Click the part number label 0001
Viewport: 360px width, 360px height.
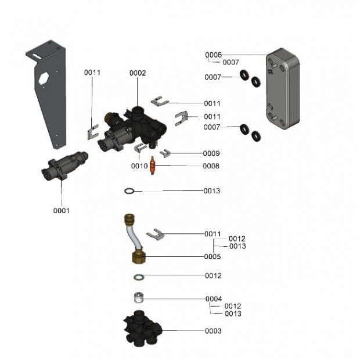pos(61,211)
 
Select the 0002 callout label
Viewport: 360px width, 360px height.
pos(138,73)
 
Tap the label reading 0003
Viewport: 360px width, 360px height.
pos(213,331)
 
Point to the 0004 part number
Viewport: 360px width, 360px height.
pos(213,299)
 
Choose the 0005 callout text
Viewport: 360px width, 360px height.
pos(213,256)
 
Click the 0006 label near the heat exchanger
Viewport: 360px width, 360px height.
pos(213,55)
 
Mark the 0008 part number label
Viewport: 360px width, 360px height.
pos(211,166)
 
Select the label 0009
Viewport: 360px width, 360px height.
pos(211,153)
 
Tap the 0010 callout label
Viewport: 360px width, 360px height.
pos(139,166)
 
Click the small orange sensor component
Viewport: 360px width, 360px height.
pos(153,165)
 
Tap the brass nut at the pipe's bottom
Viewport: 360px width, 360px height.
pos(139,255)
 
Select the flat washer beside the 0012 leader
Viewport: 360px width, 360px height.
pos(139,276)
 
